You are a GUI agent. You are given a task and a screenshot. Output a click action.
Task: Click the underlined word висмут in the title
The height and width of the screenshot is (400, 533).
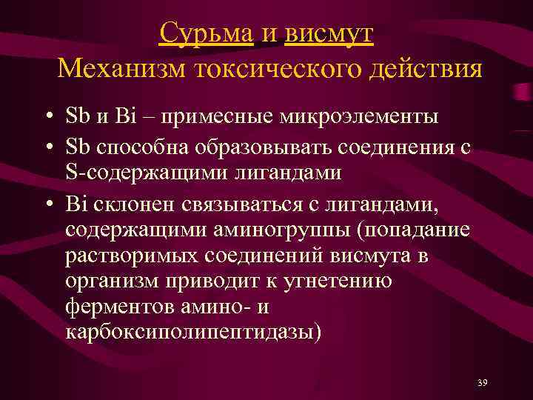pos(329,33)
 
